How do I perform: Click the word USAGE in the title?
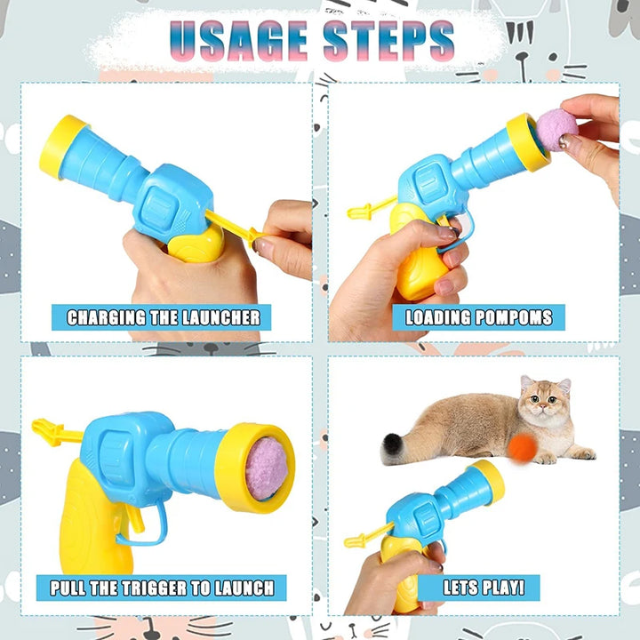[238, 41]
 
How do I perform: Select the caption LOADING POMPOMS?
[478, 317]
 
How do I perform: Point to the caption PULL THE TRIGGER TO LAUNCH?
[162, 588]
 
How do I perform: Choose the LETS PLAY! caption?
[484, 588]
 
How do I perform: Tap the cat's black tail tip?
[391, 448]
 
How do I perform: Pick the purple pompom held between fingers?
[556, 130]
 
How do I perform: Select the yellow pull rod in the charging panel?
[235, 228]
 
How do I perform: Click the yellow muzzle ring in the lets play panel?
[488, 482]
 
